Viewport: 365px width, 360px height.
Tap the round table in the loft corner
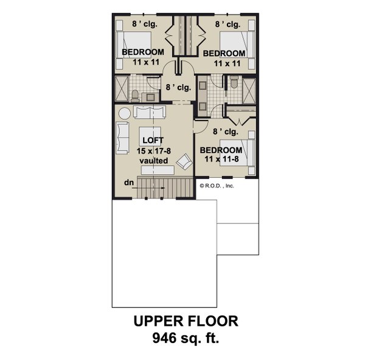pos(124,113)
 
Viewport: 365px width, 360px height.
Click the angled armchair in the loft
pos(183,161)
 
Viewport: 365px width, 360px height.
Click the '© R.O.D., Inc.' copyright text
pos(216,186)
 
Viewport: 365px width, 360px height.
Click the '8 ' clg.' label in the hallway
pos(178,87)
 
